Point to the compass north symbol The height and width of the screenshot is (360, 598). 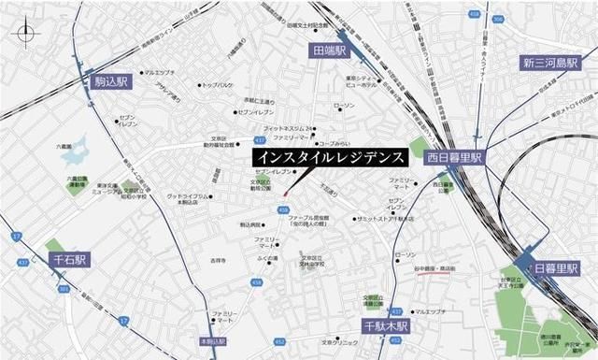click(x=25, y=35)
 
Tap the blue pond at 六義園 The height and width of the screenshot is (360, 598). click(x=76, y=151)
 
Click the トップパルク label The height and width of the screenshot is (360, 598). click(x=219, y=85)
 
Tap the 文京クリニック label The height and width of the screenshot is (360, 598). click(x=340, y=342)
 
